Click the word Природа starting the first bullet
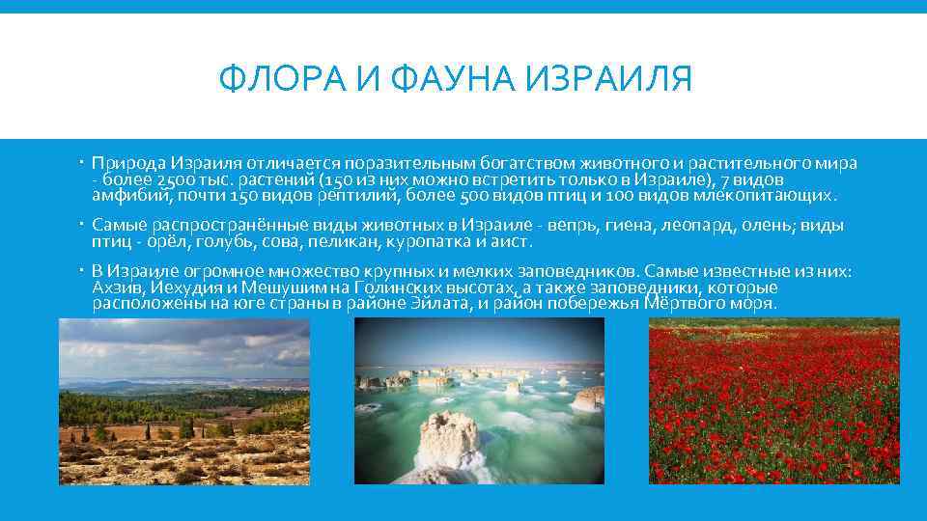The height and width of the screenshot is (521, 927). [x=130, y=162]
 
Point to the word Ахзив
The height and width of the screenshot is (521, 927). [x=116, y=288]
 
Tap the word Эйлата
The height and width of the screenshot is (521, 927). [x=439, y=304]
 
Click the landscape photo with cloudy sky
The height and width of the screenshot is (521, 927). [x=183, y=400]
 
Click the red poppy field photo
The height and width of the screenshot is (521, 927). [x=773, y=400]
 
